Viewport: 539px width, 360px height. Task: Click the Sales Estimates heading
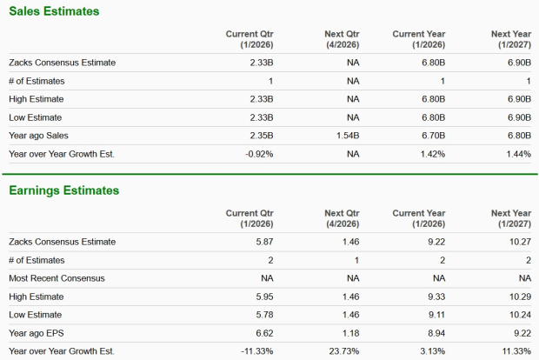[53, 11]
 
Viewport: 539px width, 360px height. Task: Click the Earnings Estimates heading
[63, 190]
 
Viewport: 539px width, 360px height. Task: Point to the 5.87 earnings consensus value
[264, 241]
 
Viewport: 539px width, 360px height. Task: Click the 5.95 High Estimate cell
[264, 297]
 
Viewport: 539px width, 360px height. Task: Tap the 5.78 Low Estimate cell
[264, 315]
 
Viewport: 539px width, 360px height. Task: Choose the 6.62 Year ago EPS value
[264, 333]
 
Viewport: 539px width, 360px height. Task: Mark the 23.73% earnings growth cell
[343, 351]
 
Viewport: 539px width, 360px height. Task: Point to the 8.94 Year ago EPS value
[436, 333]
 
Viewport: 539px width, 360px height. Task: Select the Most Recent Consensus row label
[57, 278]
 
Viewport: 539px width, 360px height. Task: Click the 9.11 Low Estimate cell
[436, 315]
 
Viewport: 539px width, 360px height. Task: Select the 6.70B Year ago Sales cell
[432, 135]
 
